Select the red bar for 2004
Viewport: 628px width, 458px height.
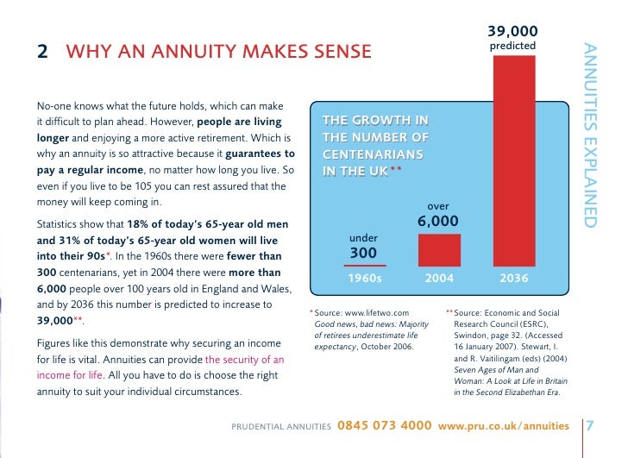point(439,250)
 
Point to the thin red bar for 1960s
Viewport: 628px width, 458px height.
point(363,265)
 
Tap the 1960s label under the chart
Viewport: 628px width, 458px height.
point(363,279)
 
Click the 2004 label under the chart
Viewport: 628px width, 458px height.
point(439,279)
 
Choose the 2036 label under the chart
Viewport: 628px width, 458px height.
point(515,279)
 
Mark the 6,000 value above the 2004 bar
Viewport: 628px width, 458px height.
point(438,223)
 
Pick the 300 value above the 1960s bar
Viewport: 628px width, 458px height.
point(363,253)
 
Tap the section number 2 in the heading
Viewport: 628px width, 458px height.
point(41,53)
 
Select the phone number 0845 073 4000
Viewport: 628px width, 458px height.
point(384,426)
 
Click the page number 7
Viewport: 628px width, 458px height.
point(590,426)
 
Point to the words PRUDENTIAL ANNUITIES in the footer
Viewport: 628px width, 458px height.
point(282,427)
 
